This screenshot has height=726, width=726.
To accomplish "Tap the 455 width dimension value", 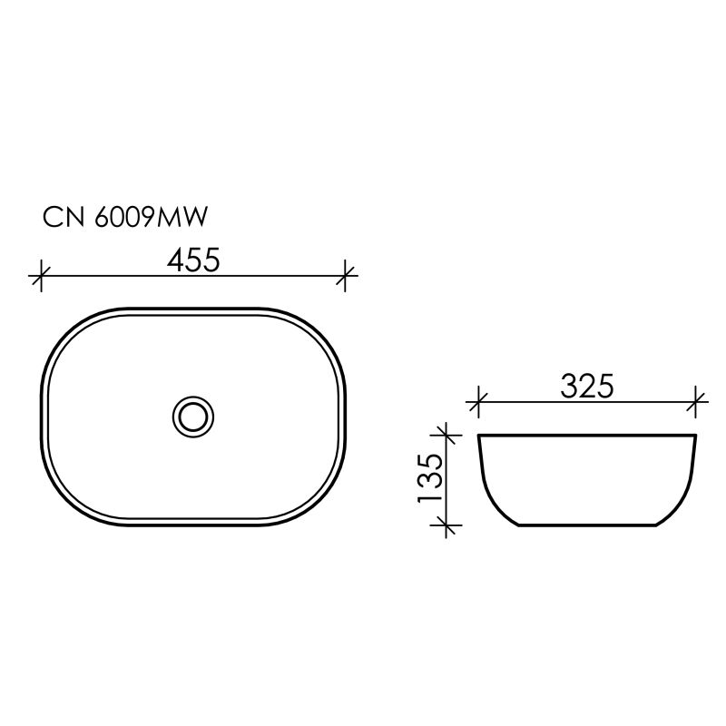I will tap(193, 260).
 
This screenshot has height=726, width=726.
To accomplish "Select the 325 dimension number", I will tap(587, 386).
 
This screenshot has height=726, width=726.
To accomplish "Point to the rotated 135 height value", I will tap(430, 478).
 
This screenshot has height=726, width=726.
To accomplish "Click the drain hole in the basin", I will tap(192, 417).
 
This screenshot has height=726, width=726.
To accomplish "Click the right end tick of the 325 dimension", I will tap(696, 400).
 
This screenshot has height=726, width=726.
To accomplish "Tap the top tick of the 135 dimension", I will tap(444, 435).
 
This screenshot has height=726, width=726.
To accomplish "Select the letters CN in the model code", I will tap(62, 219).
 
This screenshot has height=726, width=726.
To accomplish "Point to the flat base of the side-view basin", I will tap(587, 525).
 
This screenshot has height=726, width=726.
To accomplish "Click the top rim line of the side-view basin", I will tap(587, 436).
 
